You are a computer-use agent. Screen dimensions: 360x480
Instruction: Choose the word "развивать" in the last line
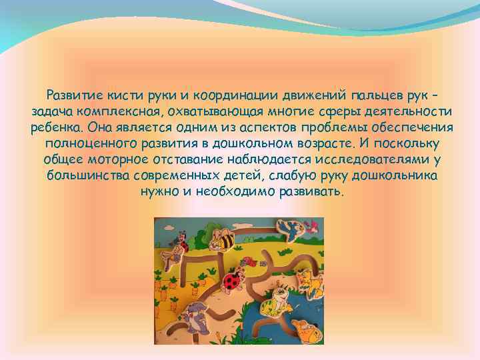pos(313,192)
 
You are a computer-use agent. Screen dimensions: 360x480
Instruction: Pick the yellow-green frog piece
pos(271,307)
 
